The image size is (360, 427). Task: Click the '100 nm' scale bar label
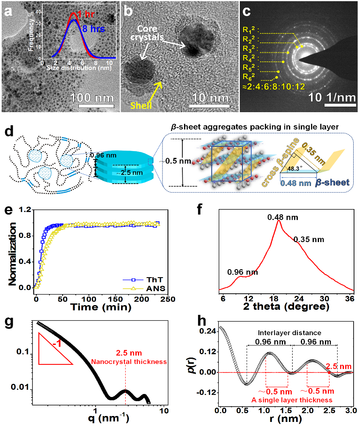[92, 98]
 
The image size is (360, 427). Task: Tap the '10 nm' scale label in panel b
[208, 98]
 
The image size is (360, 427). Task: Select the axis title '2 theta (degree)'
[286, 306]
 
